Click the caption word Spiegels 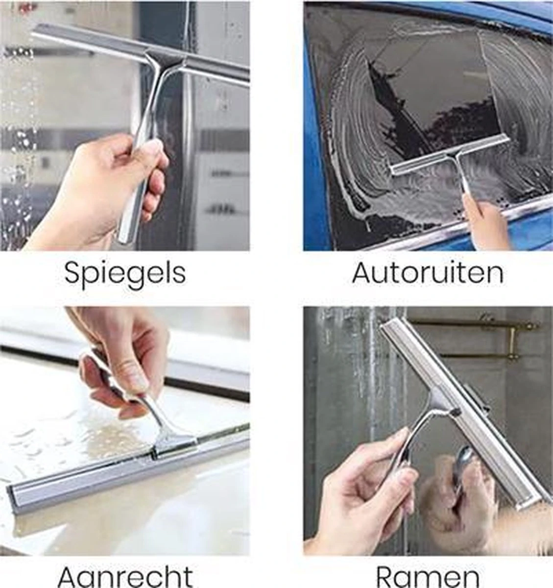125,273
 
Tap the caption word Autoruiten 428,273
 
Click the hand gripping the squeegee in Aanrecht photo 122,363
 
